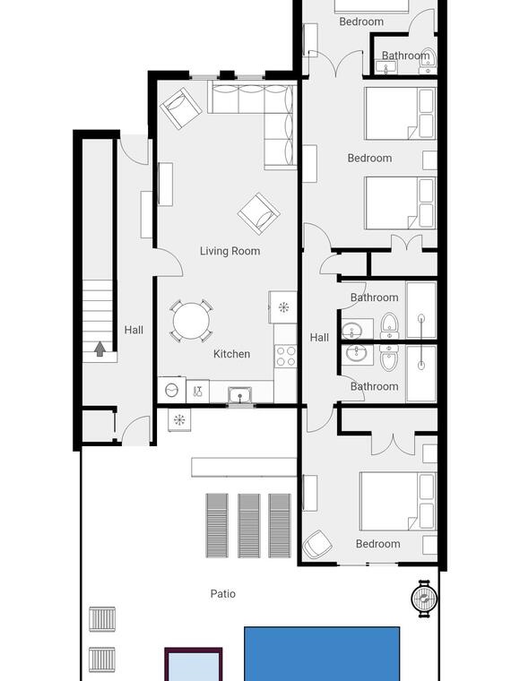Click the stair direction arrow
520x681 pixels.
pos(100,349)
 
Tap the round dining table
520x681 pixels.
pos(191,321)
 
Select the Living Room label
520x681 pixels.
pos(230,251)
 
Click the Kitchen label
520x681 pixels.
pos(231,354)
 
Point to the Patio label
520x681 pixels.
pos(223,594)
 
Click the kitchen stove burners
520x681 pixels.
pos(286,356)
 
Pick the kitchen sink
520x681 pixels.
pos(238,395)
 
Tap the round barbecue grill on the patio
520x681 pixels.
pos(424,599)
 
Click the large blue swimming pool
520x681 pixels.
pos(322,653)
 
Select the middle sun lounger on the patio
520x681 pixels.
pos(249,525)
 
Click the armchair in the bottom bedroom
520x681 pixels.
pos(317,544)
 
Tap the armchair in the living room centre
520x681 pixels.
pos(259,213)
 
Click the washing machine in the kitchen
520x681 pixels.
pos(171,390)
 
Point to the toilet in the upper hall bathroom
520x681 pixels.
pos(390,325)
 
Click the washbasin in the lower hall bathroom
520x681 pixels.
pos(357,355)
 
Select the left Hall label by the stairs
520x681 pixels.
pos(134,330)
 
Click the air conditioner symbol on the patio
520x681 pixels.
pos(179,420)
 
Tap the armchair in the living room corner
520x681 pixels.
pos(181,108)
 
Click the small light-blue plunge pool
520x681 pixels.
pos(194,665)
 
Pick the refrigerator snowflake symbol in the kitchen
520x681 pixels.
pos(283,307)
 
